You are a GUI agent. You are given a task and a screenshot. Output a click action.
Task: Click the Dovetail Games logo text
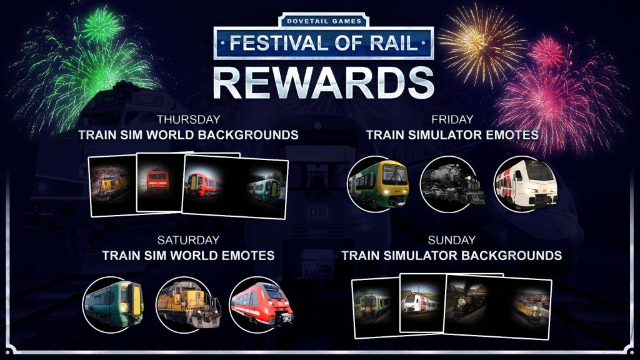[x=324, y=21]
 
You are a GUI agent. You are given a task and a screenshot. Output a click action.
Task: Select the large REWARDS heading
[x=323, y=83]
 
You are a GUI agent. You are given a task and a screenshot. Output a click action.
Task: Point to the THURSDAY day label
[x=189, y=119]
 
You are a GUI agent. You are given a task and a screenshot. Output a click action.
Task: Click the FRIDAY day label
[x=452, y=119]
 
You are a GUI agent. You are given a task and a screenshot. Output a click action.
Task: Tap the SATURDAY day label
[x=189, y=239]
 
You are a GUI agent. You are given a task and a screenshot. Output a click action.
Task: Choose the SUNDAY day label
[x=451, y=239]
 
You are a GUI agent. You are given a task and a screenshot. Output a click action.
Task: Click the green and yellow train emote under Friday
[x=378, y=184]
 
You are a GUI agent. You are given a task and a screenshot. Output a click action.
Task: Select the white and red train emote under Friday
[x=526, y=184]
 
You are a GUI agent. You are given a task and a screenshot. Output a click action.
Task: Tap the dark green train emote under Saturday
[x=113, y=304]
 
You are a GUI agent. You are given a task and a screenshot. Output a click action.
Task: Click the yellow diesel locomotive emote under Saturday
[x=187, y=304]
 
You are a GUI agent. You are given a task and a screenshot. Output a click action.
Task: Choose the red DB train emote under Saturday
[x=261, y=304]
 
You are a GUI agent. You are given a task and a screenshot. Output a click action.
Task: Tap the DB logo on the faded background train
[x=317, y=213]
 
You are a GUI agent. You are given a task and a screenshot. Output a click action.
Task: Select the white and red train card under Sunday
[x=422, y=302]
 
